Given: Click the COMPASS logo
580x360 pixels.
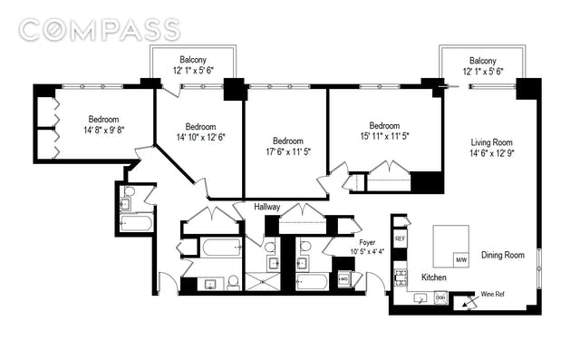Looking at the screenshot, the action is click(99, 30).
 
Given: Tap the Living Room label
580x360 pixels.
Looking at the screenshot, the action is click(491, 142).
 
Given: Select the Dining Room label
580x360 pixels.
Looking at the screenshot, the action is click(502, 255).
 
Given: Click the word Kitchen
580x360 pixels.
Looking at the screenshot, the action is click(434, 277).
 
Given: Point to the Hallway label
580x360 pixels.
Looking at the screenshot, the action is click(266, 207).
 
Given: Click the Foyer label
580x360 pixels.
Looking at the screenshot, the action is click(367, 242).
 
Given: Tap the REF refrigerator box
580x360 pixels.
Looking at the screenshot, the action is click(400, 238).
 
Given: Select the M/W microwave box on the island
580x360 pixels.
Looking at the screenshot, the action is click(461, 259).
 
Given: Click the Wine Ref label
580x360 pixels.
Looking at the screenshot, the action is click(492, 295).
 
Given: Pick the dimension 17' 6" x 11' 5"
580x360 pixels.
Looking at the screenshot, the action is click(288, 151).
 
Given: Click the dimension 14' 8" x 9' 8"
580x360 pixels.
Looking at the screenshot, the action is click(103, 131).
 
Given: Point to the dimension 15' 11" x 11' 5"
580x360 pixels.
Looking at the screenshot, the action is click(384, 136).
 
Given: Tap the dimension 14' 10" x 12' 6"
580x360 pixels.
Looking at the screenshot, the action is click(200, 137).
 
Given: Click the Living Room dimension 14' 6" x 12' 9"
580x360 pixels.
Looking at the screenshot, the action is click(492, 153).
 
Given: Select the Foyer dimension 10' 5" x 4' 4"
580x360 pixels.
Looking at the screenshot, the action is click(367, 251).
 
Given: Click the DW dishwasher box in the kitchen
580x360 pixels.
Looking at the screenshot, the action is click(440, 297).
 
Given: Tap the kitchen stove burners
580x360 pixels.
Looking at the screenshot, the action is click(401, 277).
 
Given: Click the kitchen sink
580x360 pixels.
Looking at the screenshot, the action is click(420, 297).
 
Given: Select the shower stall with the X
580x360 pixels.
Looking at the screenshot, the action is click(263, 282).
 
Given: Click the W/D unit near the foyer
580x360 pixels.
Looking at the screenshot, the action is click(344, 279).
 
